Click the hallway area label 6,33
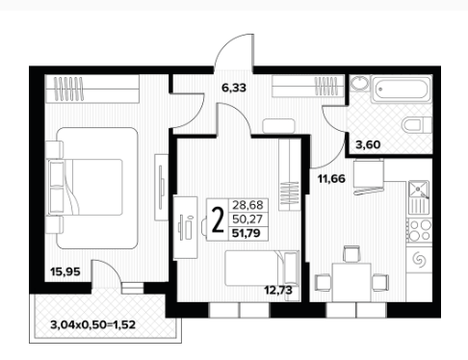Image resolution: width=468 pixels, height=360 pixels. click(x=234, y=88)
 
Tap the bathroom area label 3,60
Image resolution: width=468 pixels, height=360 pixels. click(x=368, y=144)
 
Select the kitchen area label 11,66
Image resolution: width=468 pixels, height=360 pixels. click(x=331, y=178)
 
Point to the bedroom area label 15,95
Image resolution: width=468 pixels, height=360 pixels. click(x=65, y=271)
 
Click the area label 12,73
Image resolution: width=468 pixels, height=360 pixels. click(x=278, y=290)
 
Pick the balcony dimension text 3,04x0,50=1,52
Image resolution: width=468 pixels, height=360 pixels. click(x=93, y=324)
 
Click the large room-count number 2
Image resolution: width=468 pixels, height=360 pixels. click(x=218, y=219)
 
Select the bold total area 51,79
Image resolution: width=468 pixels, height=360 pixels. click(x=247, y=233)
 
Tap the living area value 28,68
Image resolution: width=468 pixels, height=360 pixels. click(x=247, y=205)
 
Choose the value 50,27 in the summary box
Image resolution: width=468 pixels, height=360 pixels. click(x=247, y=219)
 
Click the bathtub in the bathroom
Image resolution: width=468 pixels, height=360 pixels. click(x=402, y=89)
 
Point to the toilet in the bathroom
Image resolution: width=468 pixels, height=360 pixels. click(x=417, y=124)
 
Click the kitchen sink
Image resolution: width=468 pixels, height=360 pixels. click(x=419, y=190)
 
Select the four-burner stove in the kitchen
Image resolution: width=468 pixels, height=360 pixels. click(x=420, y=230)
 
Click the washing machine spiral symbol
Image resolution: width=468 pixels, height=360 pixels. click(x=420, y=259)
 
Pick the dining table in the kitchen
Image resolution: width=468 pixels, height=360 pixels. click(x=351, y=282)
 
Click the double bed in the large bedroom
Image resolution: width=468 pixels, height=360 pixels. click(x=92, y=188)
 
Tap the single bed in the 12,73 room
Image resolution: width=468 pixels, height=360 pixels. click(x=262, y=269)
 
